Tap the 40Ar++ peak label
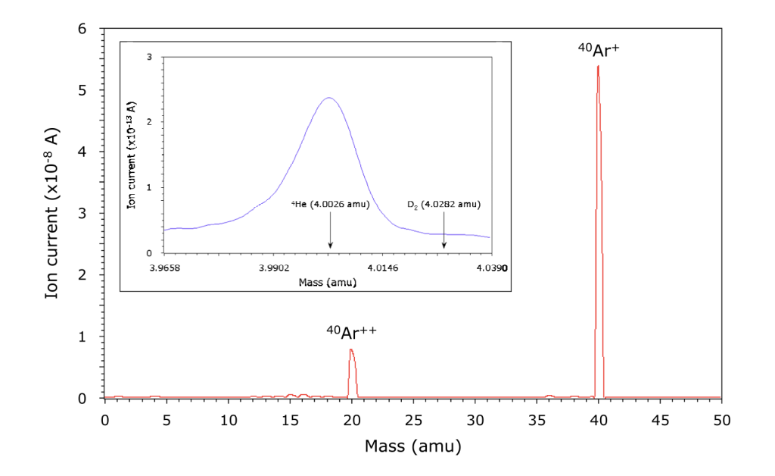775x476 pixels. pos(351,332)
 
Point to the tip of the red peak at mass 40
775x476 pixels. pos(598,66)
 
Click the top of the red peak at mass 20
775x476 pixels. pos(351,349)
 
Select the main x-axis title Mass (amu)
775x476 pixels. pos(412,446)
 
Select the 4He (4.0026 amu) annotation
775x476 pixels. pos(331,204)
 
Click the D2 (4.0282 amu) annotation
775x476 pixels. pos(444,204)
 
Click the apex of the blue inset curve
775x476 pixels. pos(328,98)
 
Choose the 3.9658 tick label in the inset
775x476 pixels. pos(165,268)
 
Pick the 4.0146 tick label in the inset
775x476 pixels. pos(382,268)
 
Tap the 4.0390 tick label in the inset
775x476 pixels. pos(491,268)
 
